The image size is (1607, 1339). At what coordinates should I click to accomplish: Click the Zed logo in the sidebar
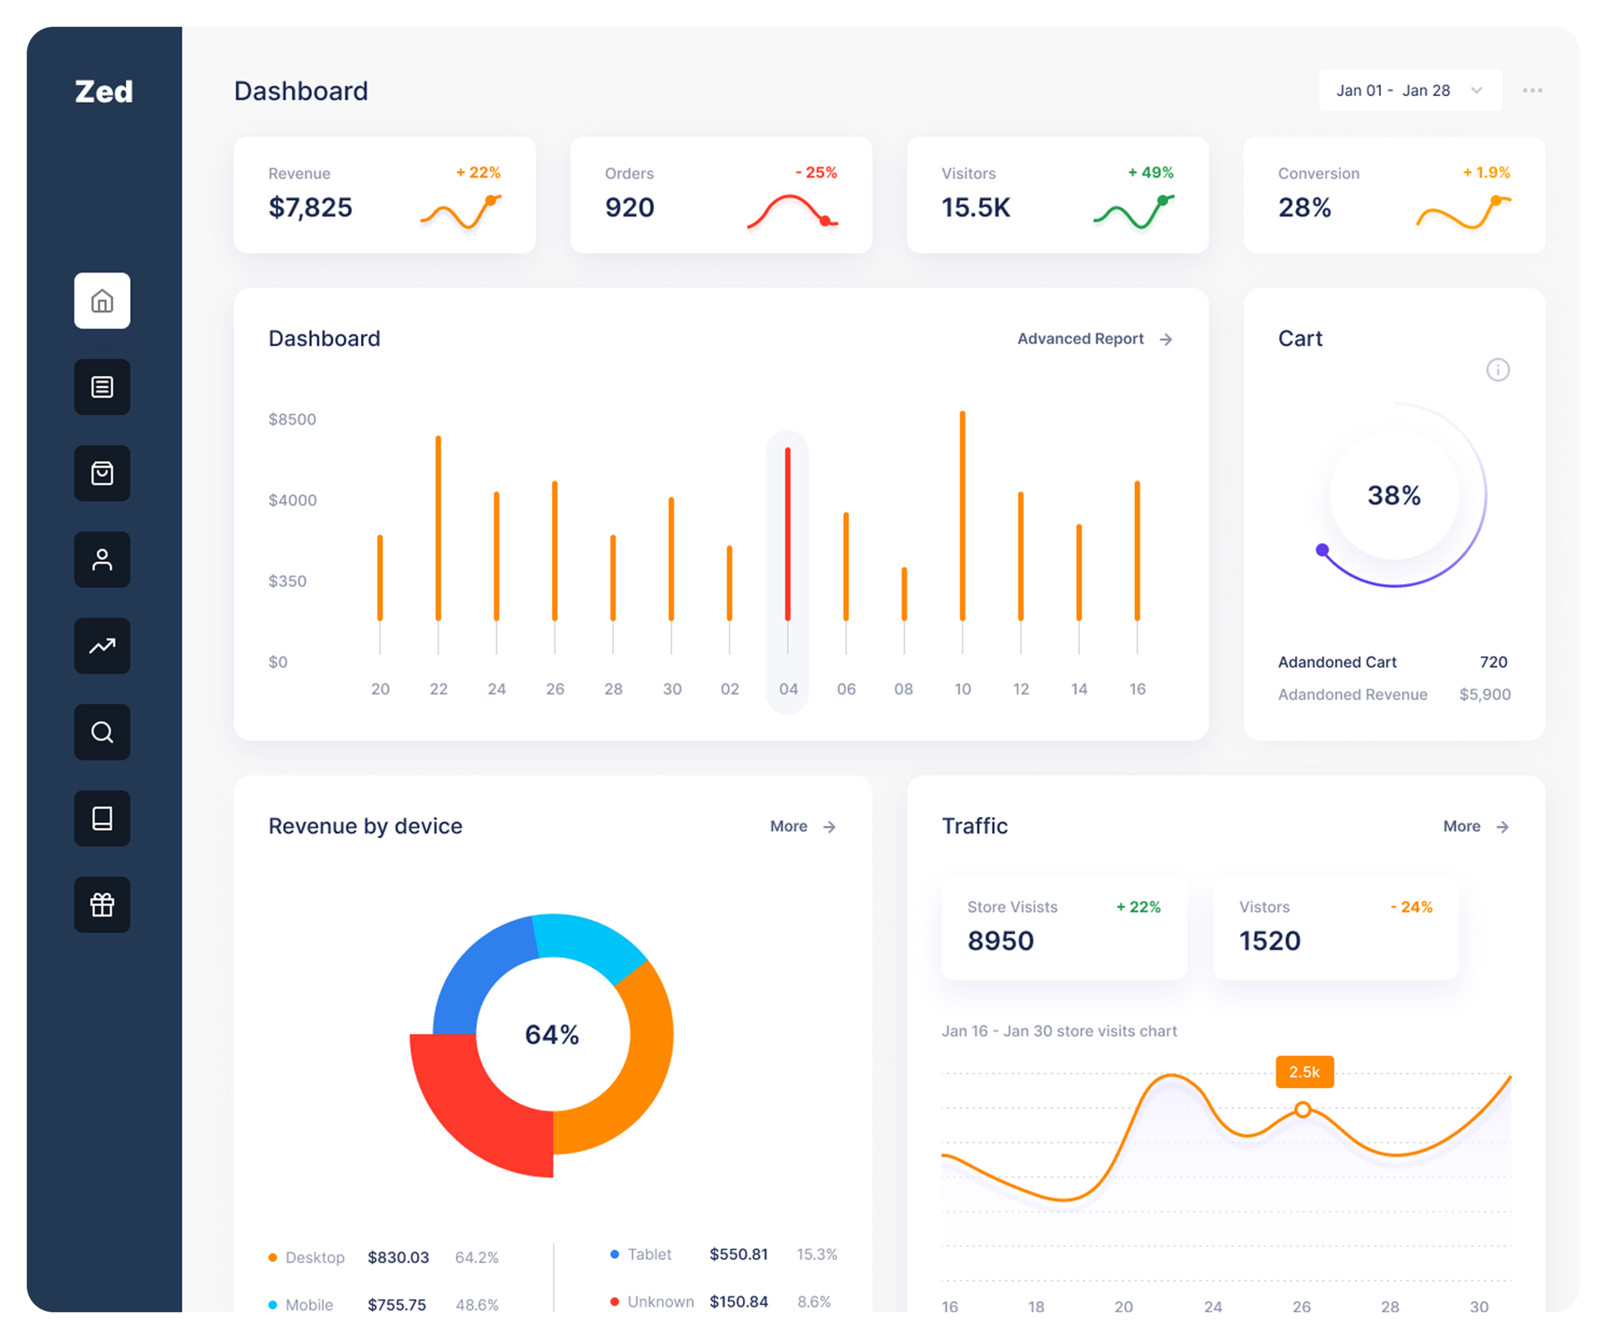point(104,92)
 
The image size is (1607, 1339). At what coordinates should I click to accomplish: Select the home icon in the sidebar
point(102,301)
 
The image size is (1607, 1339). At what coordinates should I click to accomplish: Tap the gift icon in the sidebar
point(102,905)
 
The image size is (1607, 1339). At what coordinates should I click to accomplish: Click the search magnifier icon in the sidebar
point(102,732)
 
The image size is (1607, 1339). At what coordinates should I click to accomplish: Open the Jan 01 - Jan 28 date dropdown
point(1409,90)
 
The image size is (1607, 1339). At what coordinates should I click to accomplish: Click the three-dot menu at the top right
point(1532,90)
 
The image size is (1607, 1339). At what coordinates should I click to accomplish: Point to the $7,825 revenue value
point(310,207)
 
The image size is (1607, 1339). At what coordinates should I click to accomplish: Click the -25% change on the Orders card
point(816,172)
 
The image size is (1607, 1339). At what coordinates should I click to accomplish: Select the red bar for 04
point(787,534)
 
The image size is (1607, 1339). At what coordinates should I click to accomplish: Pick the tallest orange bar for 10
point(963,516)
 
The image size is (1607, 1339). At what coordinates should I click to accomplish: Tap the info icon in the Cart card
point(1498,370)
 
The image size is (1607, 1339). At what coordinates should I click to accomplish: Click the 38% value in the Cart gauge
point(1394,495)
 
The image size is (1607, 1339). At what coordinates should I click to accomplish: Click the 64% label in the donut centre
point(552,1035)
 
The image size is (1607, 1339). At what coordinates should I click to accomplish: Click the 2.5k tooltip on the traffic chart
point(1304,1072)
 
